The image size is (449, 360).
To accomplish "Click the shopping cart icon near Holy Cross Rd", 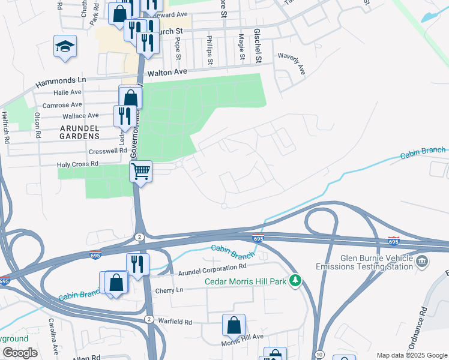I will [140, 172].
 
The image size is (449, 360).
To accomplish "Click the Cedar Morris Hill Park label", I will [246, 281].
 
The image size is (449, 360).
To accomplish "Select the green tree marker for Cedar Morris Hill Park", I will [295, 280].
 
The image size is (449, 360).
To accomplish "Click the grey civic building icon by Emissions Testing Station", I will [422, 261].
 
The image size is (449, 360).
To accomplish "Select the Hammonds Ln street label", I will [61, 80].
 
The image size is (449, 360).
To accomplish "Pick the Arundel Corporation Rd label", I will [212, 266].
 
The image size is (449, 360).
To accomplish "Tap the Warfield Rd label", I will [175, 322].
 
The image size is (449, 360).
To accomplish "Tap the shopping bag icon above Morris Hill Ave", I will [234, 325].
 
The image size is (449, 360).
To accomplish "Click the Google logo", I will [19, 353].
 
